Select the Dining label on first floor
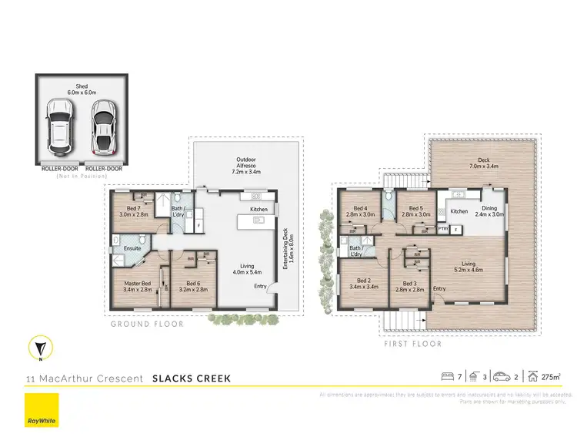tap(489, 212)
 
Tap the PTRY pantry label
tap(443, 228)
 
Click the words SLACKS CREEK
tap(191, 378)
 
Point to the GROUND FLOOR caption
tap(148, 325)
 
